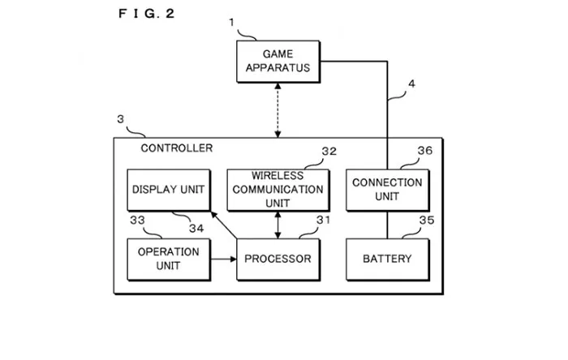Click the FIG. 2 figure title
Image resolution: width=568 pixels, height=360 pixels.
pos(146,13)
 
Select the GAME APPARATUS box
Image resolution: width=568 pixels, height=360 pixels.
pos(274,62)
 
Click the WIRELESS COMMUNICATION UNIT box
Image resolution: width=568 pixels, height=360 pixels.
pos(278,190)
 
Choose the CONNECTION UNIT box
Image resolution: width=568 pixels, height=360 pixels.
pos(387,190)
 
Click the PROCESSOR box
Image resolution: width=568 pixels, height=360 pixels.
pos(278,259)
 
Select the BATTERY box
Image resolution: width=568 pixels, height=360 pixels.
pos(387,259)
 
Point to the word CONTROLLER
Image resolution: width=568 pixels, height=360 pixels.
pos(177,148)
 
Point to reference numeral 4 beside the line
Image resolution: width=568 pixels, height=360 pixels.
pos(412,83)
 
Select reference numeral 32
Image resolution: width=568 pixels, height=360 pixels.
pos(329,152)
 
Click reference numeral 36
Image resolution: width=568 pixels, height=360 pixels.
pos(425,151)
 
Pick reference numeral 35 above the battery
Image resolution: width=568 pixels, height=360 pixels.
pos(425,220)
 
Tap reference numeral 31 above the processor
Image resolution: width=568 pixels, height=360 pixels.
pos(323,220)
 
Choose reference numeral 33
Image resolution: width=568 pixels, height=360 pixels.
pos(136,219)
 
